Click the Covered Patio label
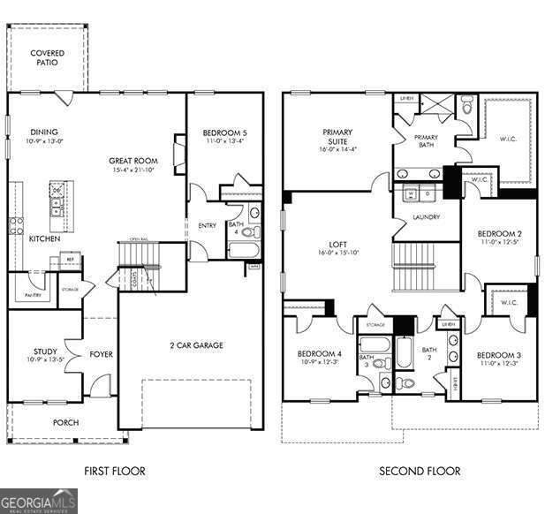point(47,58)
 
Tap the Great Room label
point(133,161)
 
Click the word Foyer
point(101,355)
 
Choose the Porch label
point(65,423)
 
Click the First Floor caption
point(114,471)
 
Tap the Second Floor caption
point(420,471)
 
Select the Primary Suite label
point(335,137)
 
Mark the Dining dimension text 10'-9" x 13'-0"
point(45,141)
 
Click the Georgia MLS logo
point(39,501)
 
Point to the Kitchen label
point(44,238)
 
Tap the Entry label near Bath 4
point(207,225)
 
